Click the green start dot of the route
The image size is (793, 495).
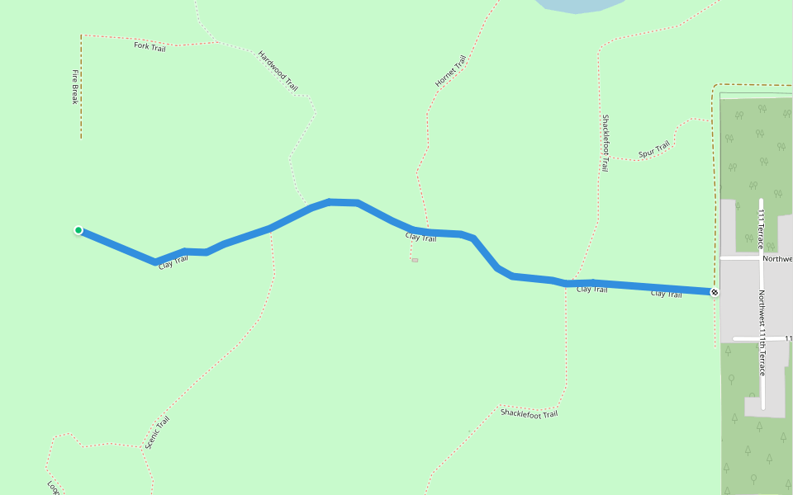(x=78, y=230)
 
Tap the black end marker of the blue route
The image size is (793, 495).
(x=715, y=292)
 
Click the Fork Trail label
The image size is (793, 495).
(x=150, y=46)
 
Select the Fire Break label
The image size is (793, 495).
(x=74, y=87)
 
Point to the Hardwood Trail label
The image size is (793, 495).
(x=278, y=71)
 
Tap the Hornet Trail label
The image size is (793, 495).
(x=451, y=72)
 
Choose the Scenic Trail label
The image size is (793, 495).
(x=157, y=432)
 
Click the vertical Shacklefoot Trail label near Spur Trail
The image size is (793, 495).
(x=605, y=143)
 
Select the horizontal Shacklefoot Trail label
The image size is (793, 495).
(x=529, y=412)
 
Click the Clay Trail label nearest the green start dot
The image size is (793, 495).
(x=173, y=263)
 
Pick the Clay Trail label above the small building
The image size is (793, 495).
(x=420, y=238)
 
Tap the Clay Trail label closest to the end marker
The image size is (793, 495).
(x=666, y=294)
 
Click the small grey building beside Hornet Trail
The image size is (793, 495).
(x=415, y=261)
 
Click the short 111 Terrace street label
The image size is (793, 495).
(x=760, y=229)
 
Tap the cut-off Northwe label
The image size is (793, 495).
(x=776, y=258)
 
